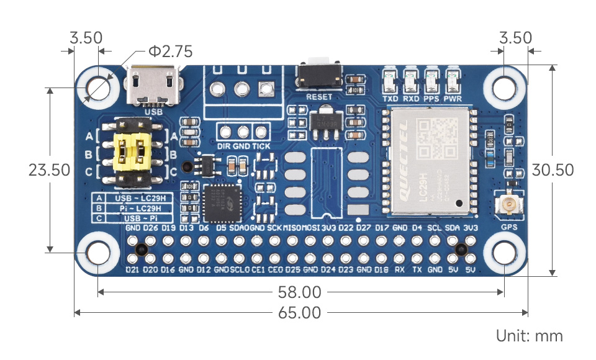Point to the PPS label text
coord(431,98)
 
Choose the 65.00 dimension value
coord(299,312)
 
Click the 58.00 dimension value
coord(299,292)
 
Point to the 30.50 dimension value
coord(553,169)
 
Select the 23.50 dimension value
coord(50,169)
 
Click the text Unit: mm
coord(529,336)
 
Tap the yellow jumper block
coord(133,151)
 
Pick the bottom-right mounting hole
coord(503,252)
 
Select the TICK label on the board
coord(261,145)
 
